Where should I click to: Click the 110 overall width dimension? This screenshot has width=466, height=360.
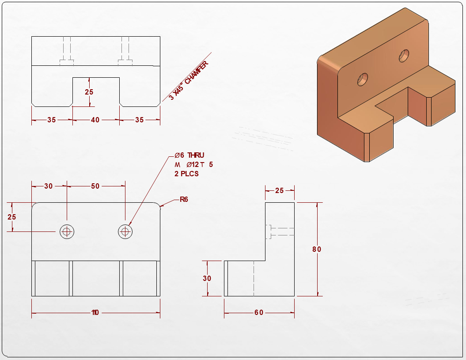click(95, 312)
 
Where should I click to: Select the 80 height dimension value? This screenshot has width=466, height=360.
click(317, 249)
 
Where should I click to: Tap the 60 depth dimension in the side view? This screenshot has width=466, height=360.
click(259, 312)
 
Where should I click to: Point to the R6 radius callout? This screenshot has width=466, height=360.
click(184, 200)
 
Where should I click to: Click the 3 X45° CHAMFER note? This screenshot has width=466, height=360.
click(189, 80)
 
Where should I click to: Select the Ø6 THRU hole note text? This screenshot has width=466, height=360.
click(189, 155)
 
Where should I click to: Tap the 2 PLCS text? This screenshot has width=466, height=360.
click(186, 174)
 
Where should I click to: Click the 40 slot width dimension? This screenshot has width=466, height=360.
click(95, 120)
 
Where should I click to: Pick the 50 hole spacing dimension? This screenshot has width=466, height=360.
click(95, 186)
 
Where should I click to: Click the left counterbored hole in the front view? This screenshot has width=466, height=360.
click(67, 231)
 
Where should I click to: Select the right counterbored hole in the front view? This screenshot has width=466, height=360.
click(125, 231)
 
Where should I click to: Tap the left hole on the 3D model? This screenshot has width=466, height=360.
click(363, 80)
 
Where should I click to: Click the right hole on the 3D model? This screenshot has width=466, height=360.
click(404, 56)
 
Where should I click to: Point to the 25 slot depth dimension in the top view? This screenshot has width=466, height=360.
click(89, 92)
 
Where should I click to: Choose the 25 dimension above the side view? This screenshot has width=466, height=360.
click(279, 190)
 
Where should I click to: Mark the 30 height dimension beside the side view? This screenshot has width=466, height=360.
click(207, 278)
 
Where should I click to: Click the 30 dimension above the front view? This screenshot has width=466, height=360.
click(49, 186)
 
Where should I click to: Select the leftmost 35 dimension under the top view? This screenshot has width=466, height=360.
click(51, 120)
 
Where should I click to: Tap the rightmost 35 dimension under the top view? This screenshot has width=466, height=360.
click(140, 120)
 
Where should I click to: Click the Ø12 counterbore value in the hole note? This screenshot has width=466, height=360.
click(193, 164)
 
